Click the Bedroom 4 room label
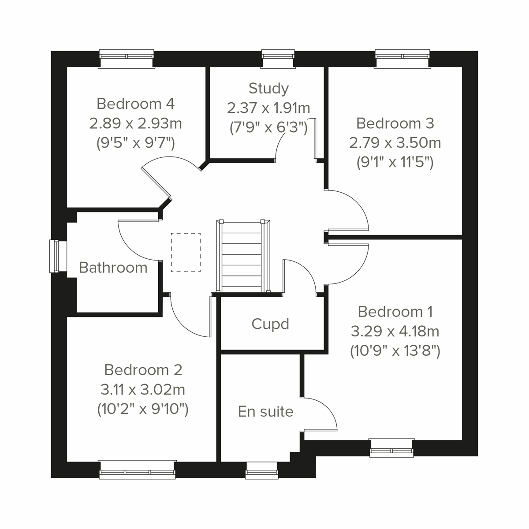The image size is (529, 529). coord(135,104)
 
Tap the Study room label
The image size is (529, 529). coord(268,88)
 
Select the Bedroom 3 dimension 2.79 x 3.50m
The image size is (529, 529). coord(395,143)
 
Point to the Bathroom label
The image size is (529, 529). coord(113,268)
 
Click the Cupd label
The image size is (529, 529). coord(270,324)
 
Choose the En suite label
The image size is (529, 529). coord(265,411)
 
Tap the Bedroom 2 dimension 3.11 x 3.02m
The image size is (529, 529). coord(143,390)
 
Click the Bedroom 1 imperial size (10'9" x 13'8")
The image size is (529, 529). coord(395,351)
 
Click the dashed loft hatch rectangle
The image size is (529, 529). coord(186,252)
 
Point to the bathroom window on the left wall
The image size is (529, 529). coord(55,256)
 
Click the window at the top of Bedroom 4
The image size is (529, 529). coord(127,59)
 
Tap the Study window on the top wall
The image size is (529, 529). coord(278,59)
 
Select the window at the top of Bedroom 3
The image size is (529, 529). coord(402,59)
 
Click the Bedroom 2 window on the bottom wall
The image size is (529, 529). coord(138,469)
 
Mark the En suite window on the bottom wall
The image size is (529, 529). coord(262,471)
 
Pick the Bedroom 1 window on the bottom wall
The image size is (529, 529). coord(391,448)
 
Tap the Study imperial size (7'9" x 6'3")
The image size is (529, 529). coord(268,127)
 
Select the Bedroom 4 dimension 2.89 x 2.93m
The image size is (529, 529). coord(135,123)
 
